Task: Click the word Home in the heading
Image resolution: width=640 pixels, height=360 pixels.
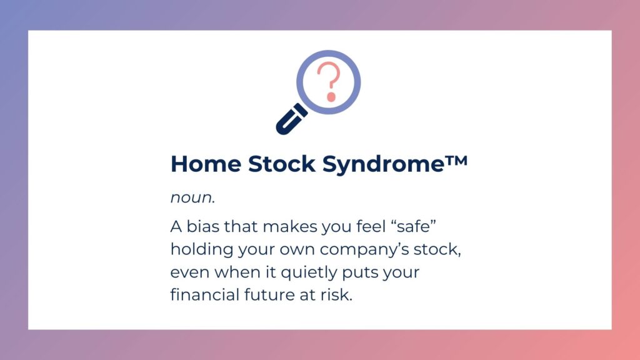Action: tap(206, 164)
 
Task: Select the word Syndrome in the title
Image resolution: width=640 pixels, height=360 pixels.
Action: tap(383, 164)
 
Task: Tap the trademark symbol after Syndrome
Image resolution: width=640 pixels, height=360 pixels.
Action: tap(456, 160)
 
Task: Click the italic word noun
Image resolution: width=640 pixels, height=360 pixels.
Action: tap(191, 197)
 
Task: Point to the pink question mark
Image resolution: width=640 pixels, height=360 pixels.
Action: tap(329, 81)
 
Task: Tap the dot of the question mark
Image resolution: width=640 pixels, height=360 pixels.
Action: tap(331, 97)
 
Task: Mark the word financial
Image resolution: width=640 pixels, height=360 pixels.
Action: tap(204, 295)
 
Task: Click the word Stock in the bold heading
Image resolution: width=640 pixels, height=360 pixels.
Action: tap(282, 164)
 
